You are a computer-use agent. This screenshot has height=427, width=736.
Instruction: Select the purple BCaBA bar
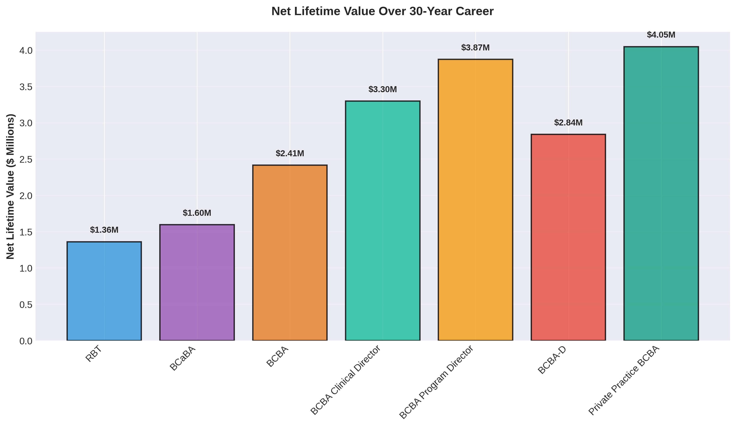coord(197,282)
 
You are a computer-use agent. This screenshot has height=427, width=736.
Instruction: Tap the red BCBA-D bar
coord(568,237)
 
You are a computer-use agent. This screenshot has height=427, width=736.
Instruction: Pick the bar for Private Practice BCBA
coord(661,193)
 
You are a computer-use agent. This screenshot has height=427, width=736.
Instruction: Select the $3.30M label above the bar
coord(382,89)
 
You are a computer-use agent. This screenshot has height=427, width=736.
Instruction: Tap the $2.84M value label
coord(568,123)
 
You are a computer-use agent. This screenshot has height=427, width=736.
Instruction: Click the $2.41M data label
coord(290,153)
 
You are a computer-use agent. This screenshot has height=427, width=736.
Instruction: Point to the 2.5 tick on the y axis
coord(25,160)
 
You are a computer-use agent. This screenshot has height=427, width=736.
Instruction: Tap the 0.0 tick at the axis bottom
coord(25,341)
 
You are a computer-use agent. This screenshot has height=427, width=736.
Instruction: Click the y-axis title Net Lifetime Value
coord(11,186)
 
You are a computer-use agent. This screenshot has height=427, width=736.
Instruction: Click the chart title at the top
coord(382,11)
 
